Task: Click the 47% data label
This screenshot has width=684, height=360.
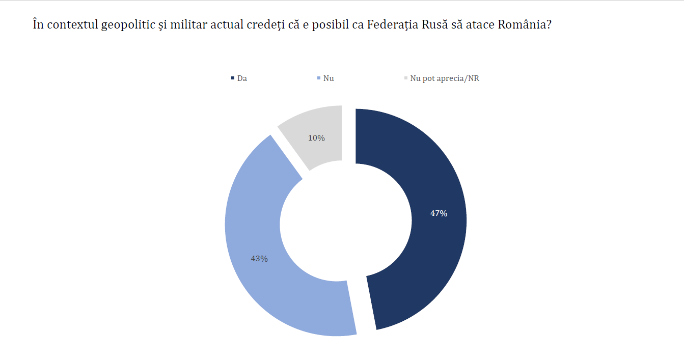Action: coord(439,214)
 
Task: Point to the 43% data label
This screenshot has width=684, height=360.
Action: coord(259,259)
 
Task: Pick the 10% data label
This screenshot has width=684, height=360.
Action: coord(316,138)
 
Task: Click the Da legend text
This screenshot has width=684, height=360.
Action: coord(242,79)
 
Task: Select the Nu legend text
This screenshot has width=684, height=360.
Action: coord(329,79)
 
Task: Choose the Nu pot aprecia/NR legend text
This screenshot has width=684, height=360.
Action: coord(445,79)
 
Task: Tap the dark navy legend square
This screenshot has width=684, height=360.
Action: coord(233,78)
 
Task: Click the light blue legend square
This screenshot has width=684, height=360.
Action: coord(319,78)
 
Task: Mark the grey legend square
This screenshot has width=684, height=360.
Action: coord(406,78)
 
